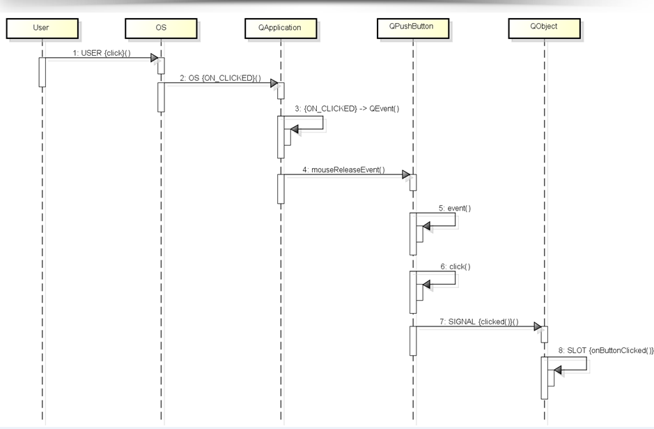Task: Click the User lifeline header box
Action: [41, 28]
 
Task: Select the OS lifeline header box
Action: [161, 28]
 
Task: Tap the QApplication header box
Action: [282, 28]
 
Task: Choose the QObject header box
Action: [543, 28]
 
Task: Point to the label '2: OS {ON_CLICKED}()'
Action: [220, 77]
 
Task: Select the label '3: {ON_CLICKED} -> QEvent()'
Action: [347, 110]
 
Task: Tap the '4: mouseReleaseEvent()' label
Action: [343, 170]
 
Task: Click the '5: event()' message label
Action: [453, 208]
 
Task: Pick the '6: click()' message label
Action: [455, 266]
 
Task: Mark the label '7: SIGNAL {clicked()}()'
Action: [479, 320]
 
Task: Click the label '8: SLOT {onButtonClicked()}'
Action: [606, 350]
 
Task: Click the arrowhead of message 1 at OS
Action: [156, 59]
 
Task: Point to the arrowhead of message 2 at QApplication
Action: [276, 84]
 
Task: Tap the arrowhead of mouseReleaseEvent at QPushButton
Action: [407, 176]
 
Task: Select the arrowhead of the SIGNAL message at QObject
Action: [538, 326]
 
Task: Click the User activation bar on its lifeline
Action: [42, 72]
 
